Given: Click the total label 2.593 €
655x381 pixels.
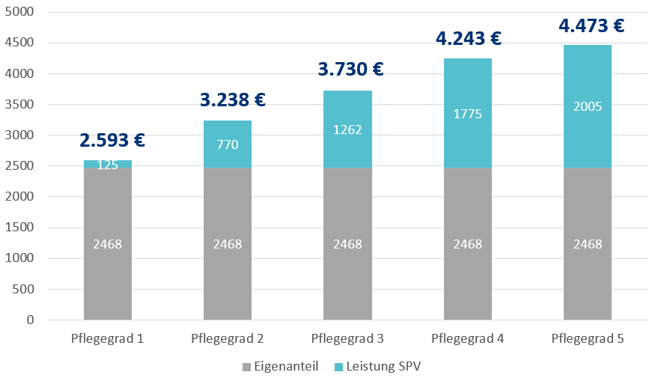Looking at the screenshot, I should tap(112, 140).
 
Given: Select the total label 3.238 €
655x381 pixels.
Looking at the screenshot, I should tap(233, 100).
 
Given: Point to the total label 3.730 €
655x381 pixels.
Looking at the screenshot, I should tap(350, 70).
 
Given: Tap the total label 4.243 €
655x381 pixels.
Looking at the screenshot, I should tap(468, 37).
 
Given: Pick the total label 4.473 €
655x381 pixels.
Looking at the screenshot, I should tap(591, 26).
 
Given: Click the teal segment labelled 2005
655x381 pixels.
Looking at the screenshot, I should tap(588, 106).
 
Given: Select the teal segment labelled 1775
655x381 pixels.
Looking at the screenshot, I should tap(468, 113).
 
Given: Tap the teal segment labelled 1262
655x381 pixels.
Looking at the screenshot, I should tap(347, 129).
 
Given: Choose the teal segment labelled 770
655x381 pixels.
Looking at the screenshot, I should tap(228, 144).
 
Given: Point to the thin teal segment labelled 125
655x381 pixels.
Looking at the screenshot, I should tap(108, 163).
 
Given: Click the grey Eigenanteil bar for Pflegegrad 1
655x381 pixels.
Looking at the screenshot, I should tap(108, 244).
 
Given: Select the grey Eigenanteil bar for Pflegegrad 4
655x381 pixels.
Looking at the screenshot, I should tap(468, 244).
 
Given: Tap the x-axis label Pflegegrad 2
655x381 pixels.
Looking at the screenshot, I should tap(228, 338).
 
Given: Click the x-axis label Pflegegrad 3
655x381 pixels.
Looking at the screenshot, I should tap(347, 338).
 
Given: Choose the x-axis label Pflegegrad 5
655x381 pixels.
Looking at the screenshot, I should tap(588, 338).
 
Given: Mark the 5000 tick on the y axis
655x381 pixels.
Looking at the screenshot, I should tap(22, 13).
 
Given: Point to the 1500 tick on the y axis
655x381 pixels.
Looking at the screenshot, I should tap(22, 228).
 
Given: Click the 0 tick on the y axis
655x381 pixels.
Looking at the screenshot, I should tap(30, 320).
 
